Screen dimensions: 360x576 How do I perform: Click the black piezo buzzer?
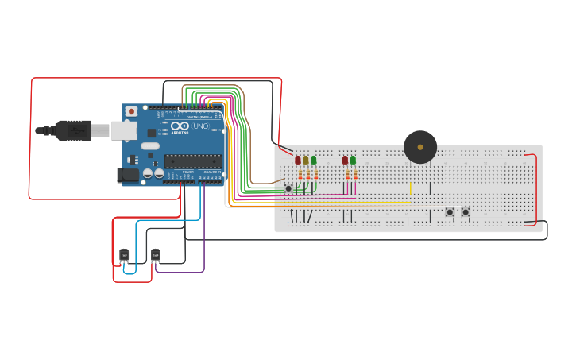(420, 147)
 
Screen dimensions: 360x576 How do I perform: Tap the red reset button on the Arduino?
(131, 112)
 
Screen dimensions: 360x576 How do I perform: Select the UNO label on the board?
(200, 126)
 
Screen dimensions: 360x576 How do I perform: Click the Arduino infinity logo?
(180, 126)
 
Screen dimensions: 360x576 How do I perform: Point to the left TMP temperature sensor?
(124, 255)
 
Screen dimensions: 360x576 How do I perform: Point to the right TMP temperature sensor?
(156, 255)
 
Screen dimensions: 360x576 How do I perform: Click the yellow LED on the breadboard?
(306, 161)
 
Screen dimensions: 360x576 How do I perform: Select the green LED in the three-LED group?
(314, 161)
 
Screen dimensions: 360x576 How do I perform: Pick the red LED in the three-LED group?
(298, 161)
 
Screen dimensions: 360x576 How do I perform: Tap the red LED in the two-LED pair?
(345, 161)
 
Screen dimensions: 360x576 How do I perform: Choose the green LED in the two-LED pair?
(353, 161)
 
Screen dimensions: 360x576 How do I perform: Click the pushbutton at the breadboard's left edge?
(288, 188)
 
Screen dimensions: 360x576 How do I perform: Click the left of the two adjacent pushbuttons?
(450, 212)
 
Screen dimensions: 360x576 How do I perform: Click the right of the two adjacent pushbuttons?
(466, 212)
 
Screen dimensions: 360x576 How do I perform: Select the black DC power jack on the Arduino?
(127, 176)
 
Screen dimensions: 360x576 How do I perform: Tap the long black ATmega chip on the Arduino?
(193, 161)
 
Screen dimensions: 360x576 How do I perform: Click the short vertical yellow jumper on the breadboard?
(411, 188)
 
